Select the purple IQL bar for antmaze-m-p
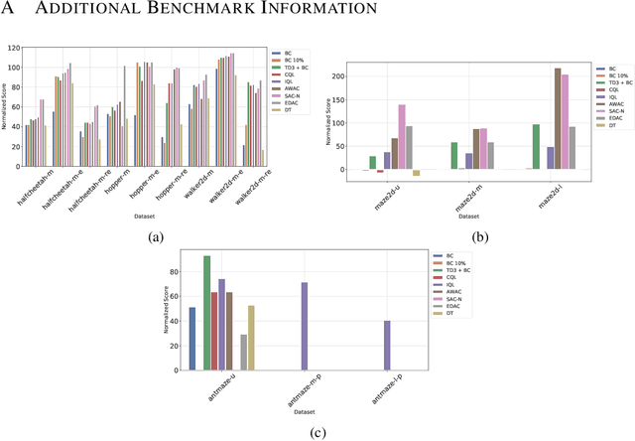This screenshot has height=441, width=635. pyautogui.click(x=304, y=328)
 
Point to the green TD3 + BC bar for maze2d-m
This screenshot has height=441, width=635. pyautogui.click(x=453, y=156)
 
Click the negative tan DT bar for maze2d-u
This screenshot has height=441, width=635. pyautogui.click(x=417, y=173)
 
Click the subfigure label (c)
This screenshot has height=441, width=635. pyautogui.click(x=317, y=431)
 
